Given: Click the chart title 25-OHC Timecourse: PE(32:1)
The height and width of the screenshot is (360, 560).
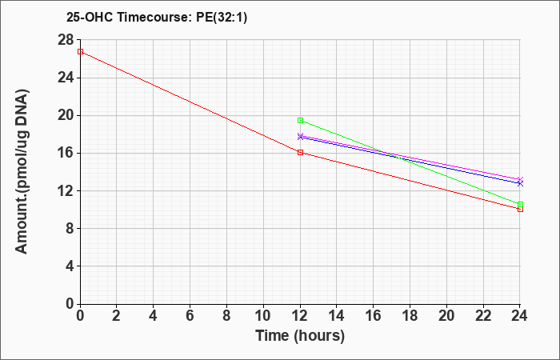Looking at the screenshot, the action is click(x=157, y=17).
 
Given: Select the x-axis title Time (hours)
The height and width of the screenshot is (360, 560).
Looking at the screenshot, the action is click(x=300, y=336).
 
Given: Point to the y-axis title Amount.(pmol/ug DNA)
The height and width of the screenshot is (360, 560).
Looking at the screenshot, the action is click(x=22, y=172).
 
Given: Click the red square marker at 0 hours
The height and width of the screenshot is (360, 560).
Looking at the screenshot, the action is click(x=80, y=51).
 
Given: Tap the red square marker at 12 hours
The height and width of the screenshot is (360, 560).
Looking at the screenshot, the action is click(x=300, y=153).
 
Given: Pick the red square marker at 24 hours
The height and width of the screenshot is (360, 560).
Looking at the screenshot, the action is click(x=520, y=209).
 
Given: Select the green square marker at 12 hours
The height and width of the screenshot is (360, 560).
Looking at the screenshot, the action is click(x=300, y=120).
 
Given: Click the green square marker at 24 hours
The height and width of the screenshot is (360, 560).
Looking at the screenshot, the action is click(x=520, y=204).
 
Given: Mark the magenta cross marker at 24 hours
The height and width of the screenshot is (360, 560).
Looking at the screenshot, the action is click(x=520, y=179).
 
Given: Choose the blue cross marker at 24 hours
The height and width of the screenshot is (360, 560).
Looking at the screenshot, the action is click(x=520, y=183).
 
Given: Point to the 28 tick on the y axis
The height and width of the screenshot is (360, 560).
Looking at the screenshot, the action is click(x=66, y=40).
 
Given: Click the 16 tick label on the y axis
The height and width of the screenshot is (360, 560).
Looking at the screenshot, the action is click(x=66, y=154).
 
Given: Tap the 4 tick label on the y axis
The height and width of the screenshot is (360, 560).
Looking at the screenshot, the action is click(x=70, y=266).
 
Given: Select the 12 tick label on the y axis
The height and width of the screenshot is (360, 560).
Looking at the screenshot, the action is click(x=66, y=190).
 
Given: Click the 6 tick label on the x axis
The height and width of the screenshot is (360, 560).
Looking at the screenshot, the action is click(x=190, y=316).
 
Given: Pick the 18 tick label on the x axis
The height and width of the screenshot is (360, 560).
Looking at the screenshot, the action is click(x=410, y=316).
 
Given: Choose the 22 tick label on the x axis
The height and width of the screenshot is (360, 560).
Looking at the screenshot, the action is click(x=483, y=316).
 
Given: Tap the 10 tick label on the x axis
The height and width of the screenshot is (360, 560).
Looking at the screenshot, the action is click(x=263, y=316).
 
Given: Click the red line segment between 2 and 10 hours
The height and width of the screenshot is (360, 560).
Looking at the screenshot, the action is click(x=190, y=102).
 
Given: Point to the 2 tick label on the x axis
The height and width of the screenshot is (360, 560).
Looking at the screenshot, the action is click(x=117, y=316).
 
